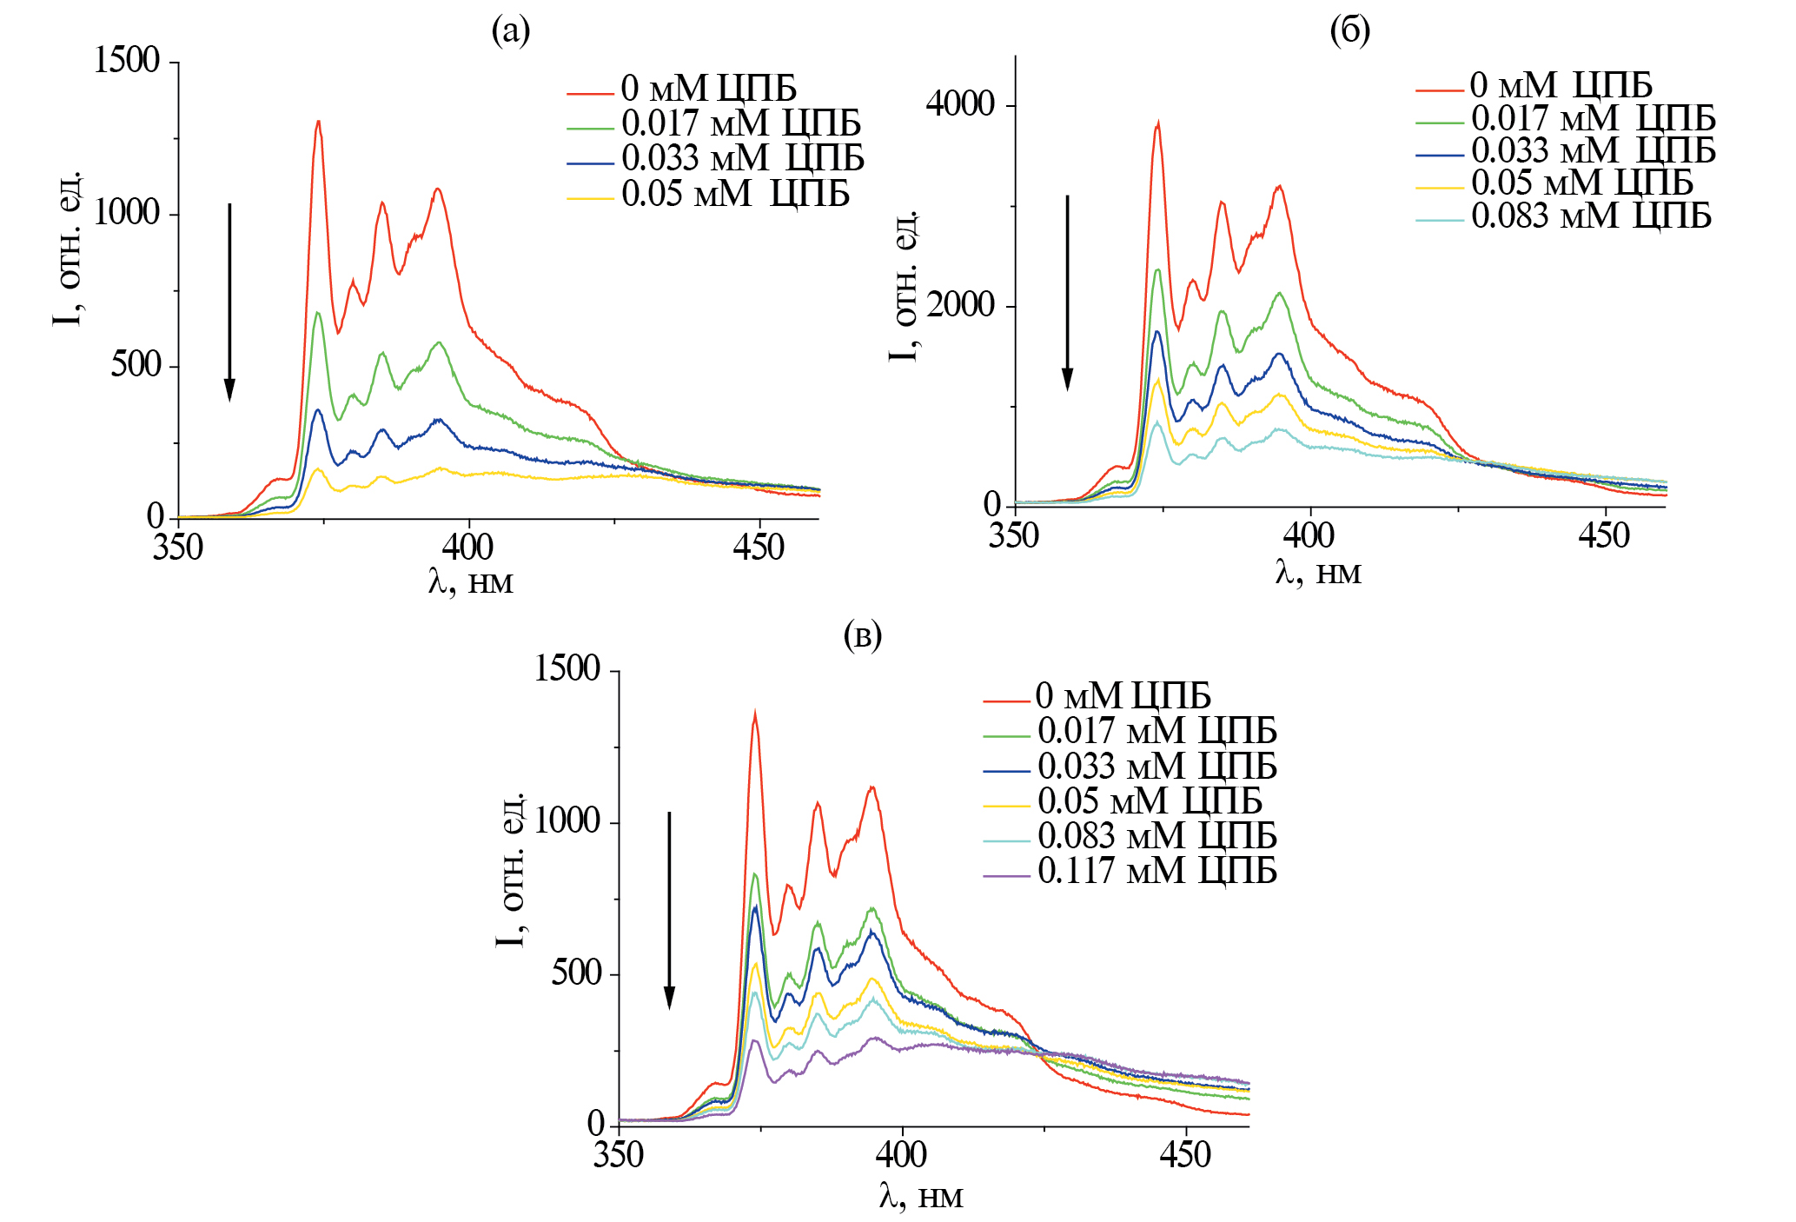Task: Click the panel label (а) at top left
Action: coord(511,31)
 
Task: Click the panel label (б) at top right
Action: coord(1350,31)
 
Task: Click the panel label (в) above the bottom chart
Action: coord(862,635)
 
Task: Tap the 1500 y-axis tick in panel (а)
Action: coord(127,61)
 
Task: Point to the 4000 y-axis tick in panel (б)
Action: coord(960,104)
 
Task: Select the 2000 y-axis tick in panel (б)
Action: coord(960,305)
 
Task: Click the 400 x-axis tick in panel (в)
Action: coord(901,1155)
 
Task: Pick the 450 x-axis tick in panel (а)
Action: coord(759,548)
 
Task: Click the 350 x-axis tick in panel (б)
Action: coord(1014,536)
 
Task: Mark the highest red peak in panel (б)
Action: coord(1157,125)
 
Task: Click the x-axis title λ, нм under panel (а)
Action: coord(470,581)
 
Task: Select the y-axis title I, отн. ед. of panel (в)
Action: coord(511,869)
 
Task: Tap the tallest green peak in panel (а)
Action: coord(318,313)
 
